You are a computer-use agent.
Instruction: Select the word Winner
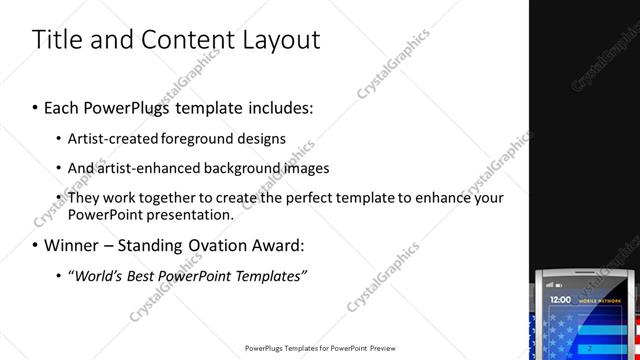[72, 245]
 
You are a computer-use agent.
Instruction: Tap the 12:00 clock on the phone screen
[560, 299]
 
